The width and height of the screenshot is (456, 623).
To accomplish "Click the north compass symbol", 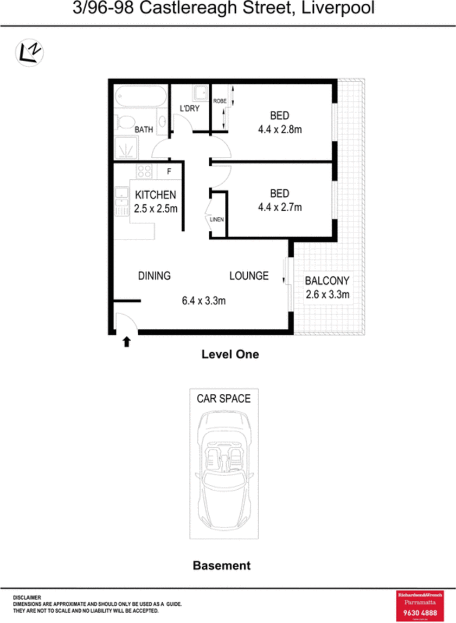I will coord(29,53).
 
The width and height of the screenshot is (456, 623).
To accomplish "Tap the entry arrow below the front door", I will coord(126,341).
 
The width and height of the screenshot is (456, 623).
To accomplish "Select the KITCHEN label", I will coord(155,195).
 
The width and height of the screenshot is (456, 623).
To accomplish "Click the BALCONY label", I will coord(327,281).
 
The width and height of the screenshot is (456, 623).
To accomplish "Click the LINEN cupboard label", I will coord(217,220).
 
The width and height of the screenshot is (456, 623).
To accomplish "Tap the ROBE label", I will coord(219,101).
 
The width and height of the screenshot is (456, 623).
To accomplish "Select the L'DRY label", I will coord(190,108).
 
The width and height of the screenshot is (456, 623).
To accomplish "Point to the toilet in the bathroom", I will coord(125,122).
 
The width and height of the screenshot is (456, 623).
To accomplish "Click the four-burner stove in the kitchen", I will coord(144,172).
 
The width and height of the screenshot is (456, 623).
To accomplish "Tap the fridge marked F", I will coord(169,172).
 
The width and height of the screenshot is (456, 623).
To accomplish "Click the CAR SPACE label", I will coord(223,399).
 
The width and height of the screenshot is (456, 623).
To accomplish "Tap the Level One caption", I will coord(230,354).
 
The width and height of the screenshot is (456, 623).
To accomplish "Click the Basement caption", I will coord(222,566).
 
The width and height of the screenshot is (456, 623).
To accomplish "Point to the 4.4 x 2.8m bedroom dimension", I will coord(279,129).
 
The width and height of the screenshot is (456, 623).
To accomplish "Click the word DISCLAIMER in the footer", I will coord(27,598).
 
